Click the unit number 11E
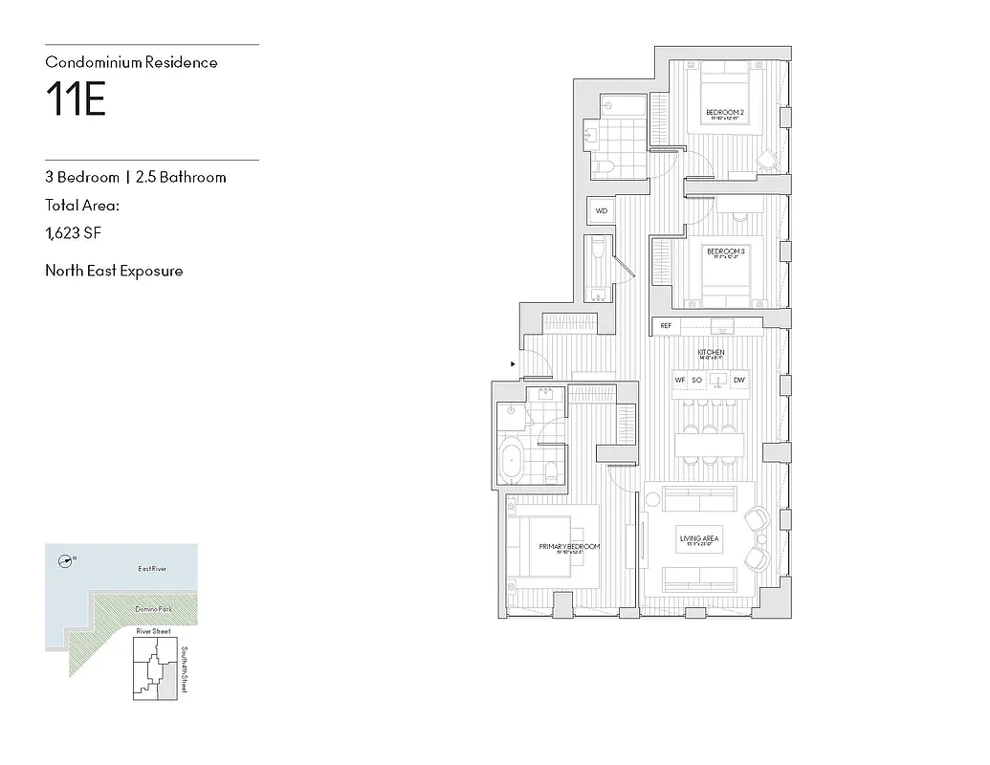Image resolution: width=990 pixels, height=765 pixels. (76, 99)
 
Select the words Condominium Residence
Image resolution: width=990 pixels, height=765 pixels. (131, 62)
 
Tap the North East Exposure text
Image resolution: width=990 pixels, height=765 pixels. (114, 271)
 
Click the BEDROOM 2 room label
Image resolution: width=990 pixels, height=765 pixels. (725, 113)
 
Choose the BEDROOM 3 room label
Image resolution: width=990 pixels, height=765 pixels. (725, 251)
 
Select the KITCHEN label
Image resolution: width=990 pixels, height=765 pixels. (711, 353)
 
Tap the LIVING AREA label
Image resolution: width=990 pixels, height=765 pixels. (699, 539)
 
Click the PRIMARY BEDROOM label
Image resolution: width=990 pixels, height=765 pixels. (569, 546)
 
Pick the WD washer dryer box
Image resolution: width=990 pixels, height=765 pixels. (602, 210)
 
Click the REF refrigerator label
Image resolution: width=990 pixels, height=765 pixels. (666, 326)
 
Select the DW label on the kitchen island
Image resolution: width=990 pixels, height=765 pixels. (738, 381)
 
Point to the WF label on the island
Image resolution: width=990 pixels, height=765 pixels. (680, 381)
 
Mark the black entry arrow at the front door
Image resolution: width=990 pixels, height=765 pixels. (514, 364)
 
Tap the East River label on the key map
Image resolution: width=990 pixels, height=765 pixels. (152, 569)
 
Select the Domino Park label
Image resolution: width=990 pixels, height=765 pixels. (152, 609)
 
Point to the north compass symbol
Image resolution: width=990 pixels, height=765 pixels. (65, 561)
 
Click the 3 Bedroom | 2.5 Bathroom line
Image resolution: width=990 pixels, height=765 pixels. (136, 177)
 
